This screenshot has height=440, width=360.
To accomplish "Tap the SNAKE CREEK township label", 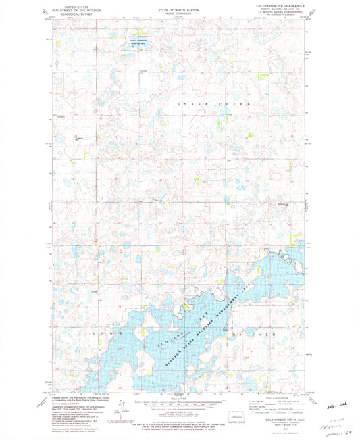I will pyautogui.click(x=214, y=105).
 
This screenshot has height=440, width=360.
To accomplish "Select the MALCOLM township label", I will pyautogui.click(x=265, y=333).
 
